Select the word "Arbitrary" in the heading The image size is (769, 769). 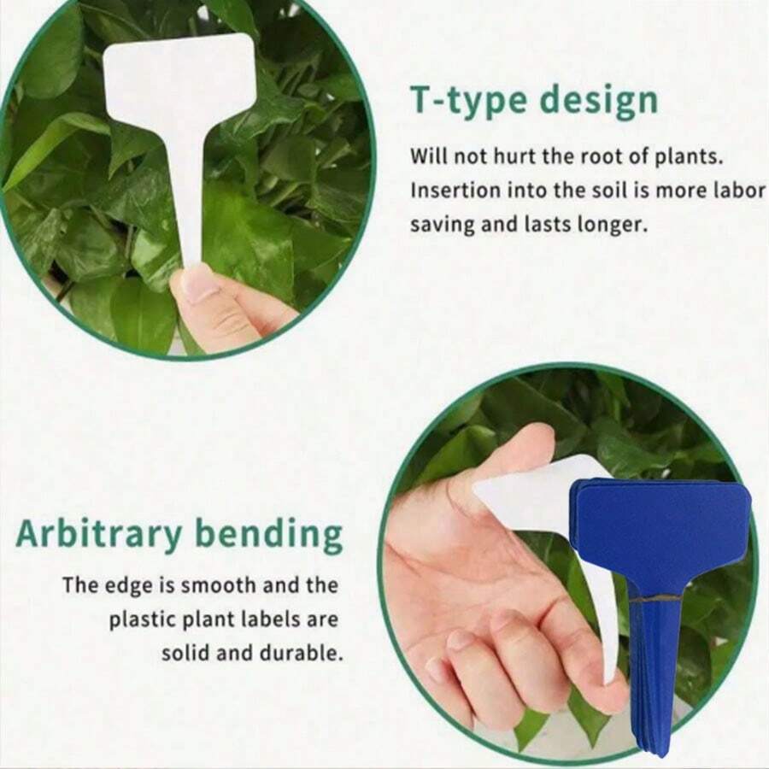tap(98, 535)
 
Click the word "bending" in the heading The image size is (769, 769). tap(268, 536)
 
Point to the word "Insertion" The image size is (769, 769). tap(449, 191)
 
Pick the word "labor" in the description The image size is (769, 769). tap(739, 191)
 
